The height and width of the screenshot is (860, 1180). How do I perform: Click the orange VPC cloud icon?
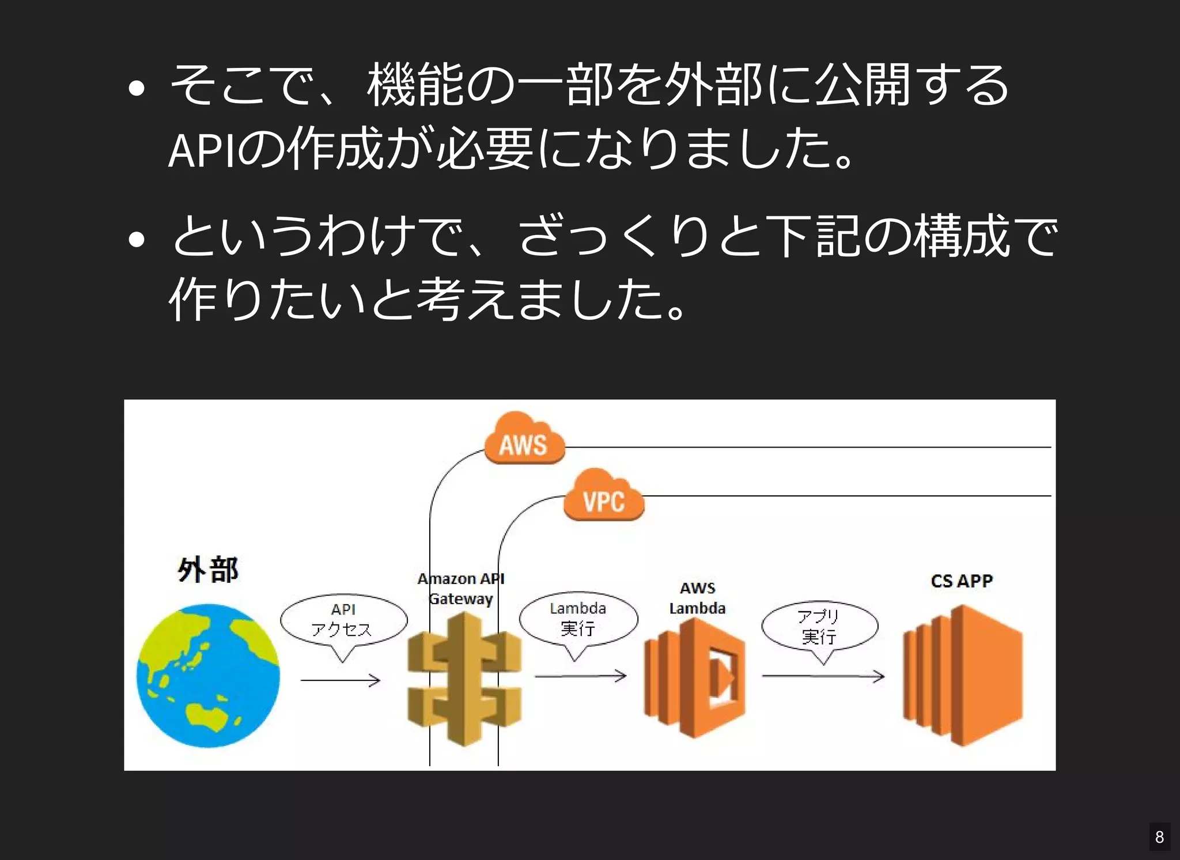pyautogui.click(x=603, y=496)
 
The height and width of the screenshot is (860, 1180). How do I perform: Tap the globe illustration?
pyautogui.click(x=208, y=676)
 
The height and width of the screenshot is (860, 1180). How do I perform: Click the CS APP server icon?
pyautogui.click(x=962, y=676)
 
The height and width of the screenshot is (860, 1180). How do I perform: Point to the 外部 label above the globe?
pyautogui.click(x=207, y=570)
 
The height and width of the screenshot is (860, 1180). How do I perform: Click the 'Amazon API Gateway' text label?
pyautogui.click(x=461, y=588)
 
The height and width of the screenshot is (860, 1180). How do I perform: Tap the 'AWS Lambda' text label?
pyautogui.click(x=697, y=598)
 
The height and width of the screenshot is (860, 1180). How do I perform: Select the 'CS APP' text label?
pyautogui.click(x=962, y=581)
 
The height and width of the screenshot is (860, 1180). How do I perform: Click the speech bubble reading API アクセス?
pyautogui.click(x=343, y=620)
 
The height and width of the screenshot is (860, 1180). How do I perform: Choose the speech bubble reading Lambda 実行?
pyautogui.click(x=578, y=619)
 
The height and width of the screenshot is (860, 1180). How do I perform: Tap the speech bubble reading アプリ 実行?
pyautogui.click(x=819, y=627)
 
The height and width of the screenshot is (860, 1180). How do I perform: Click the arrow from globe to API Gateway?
pyautogui.click(x=340, y=681)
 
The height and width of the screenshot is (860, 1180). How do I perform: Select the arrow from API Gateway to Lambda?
pyautogui.click(x=580, y=676)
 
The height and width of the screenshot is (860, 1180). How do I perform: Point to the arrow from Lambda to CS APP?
pyautogui.click(x=823, y=676)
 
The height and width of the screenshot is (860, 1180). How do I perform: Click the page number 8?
pyautogui.click(x=1159, y=836)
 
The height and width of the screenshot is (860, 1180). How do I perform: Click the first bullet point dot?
pyautogui.click(x=137, y=88)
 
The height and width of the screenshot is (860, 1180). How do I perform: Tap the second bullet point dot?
pyautogui.click(x=137, y=238)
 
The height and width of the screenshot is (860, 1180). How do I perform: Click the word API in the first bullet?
pyautogui.click(x=201, y=151)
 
